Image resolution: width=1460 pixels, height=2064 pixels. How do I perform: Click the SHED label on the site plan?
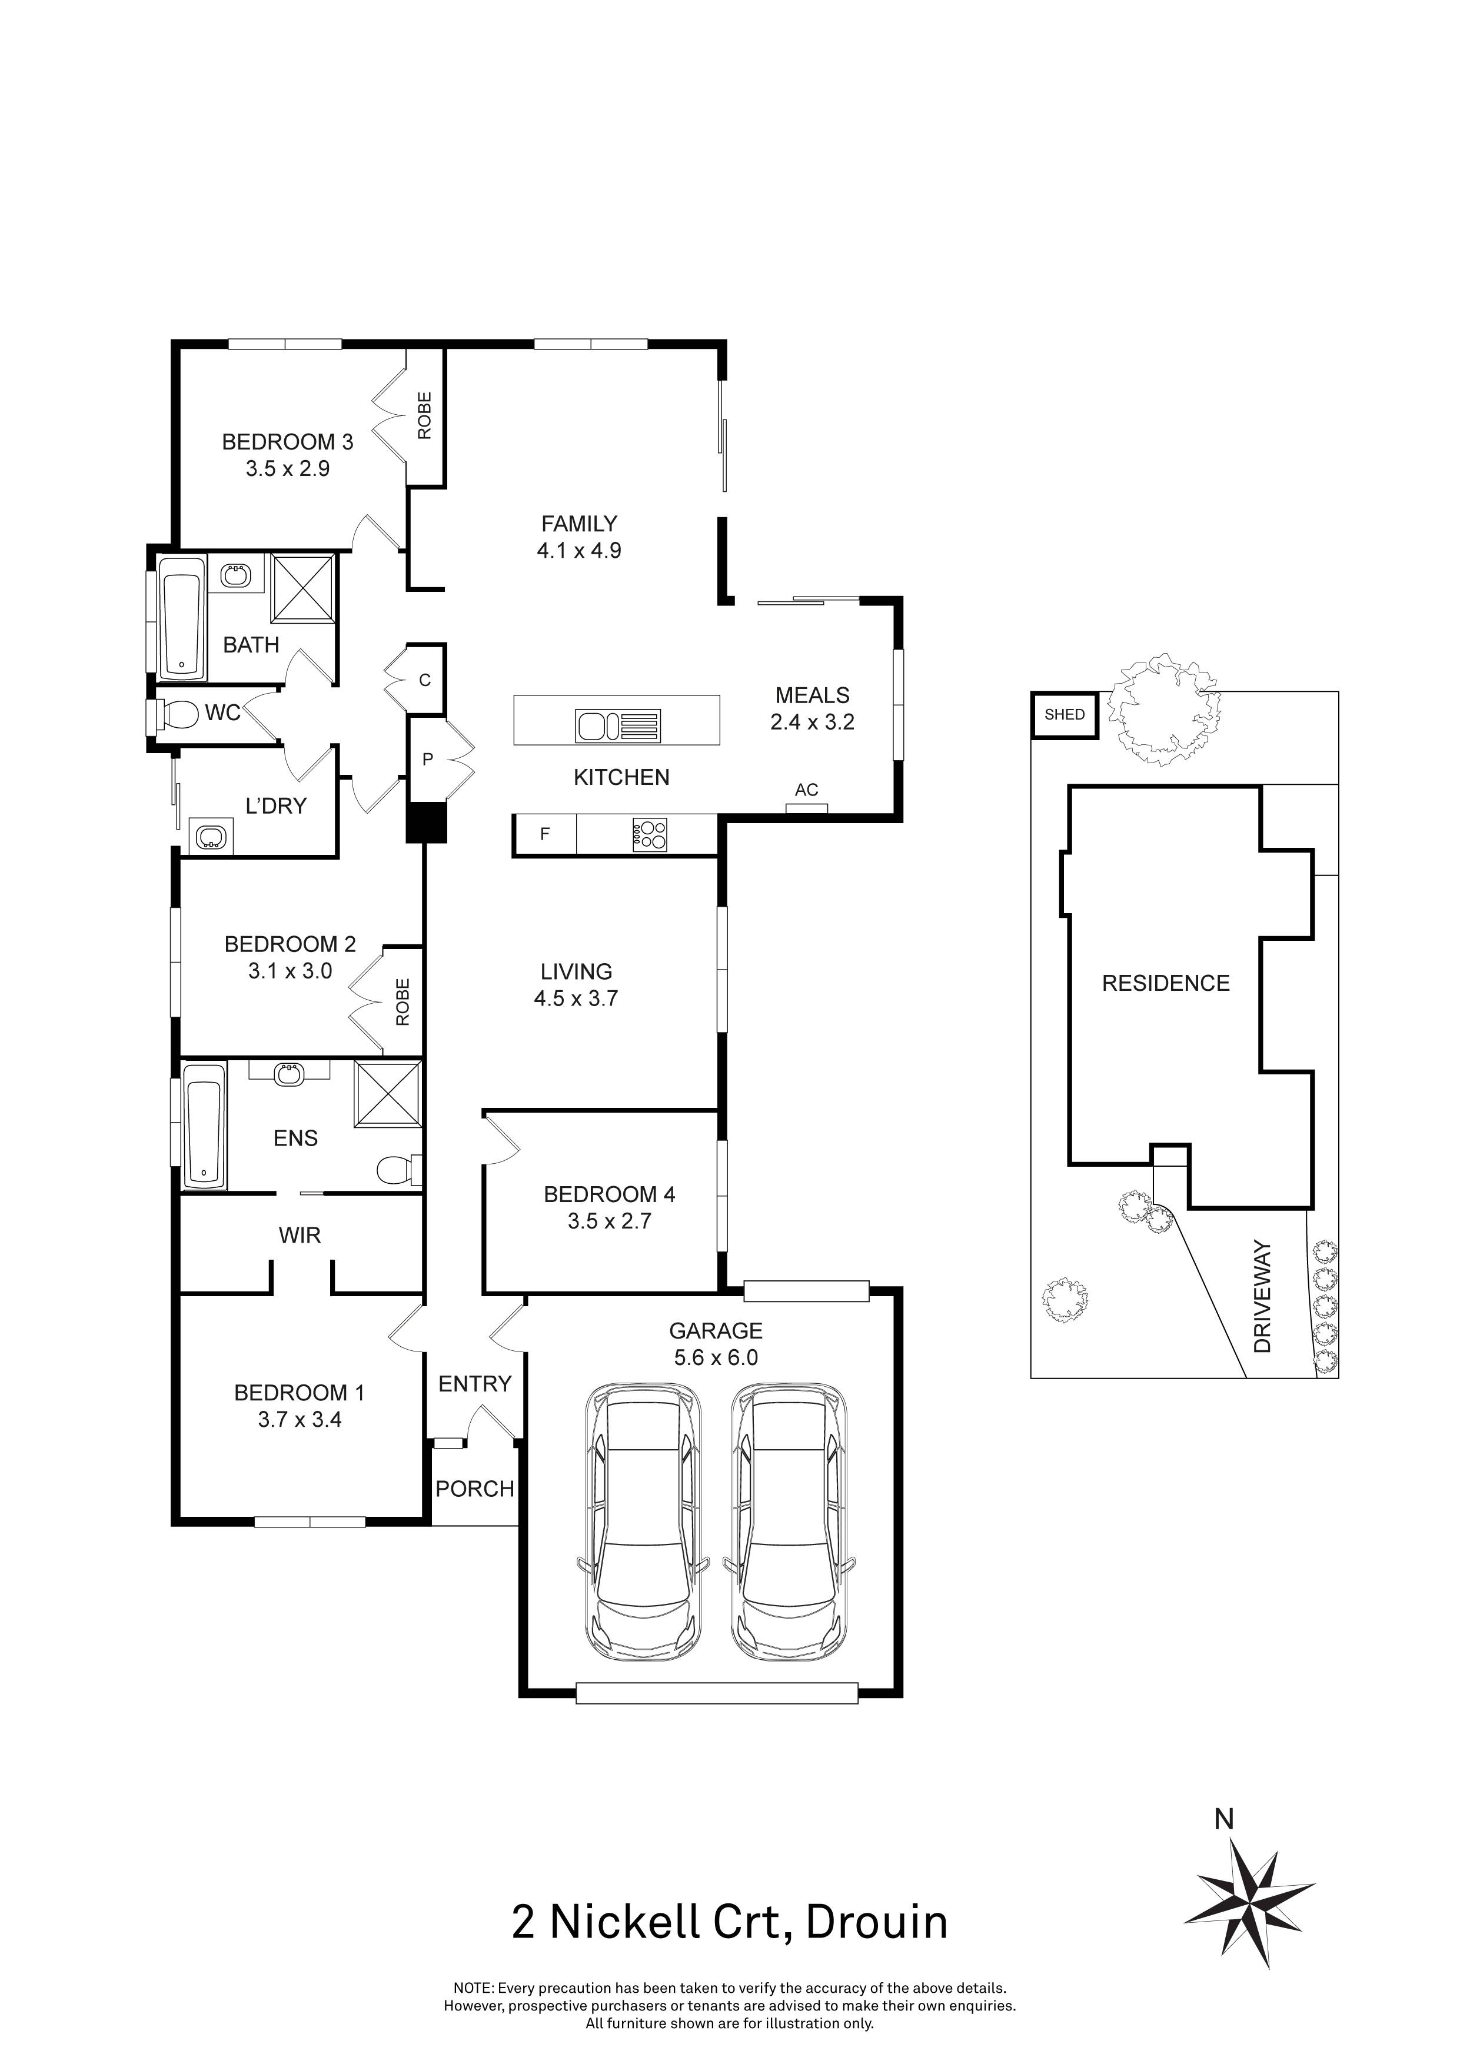tap(1065, 715)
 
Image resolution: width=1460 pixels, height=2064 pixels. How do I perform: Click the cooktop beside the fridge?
tap(649, 835)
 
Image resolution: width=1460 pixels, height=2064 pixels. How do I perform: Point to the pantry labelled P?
tap(428, 760)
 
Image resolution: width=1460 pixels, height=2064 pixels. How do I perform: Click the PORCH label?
tap(475, 1489)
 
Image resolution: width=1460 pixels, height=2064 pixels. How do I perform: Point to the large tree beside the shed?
tap(1162, 709)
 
